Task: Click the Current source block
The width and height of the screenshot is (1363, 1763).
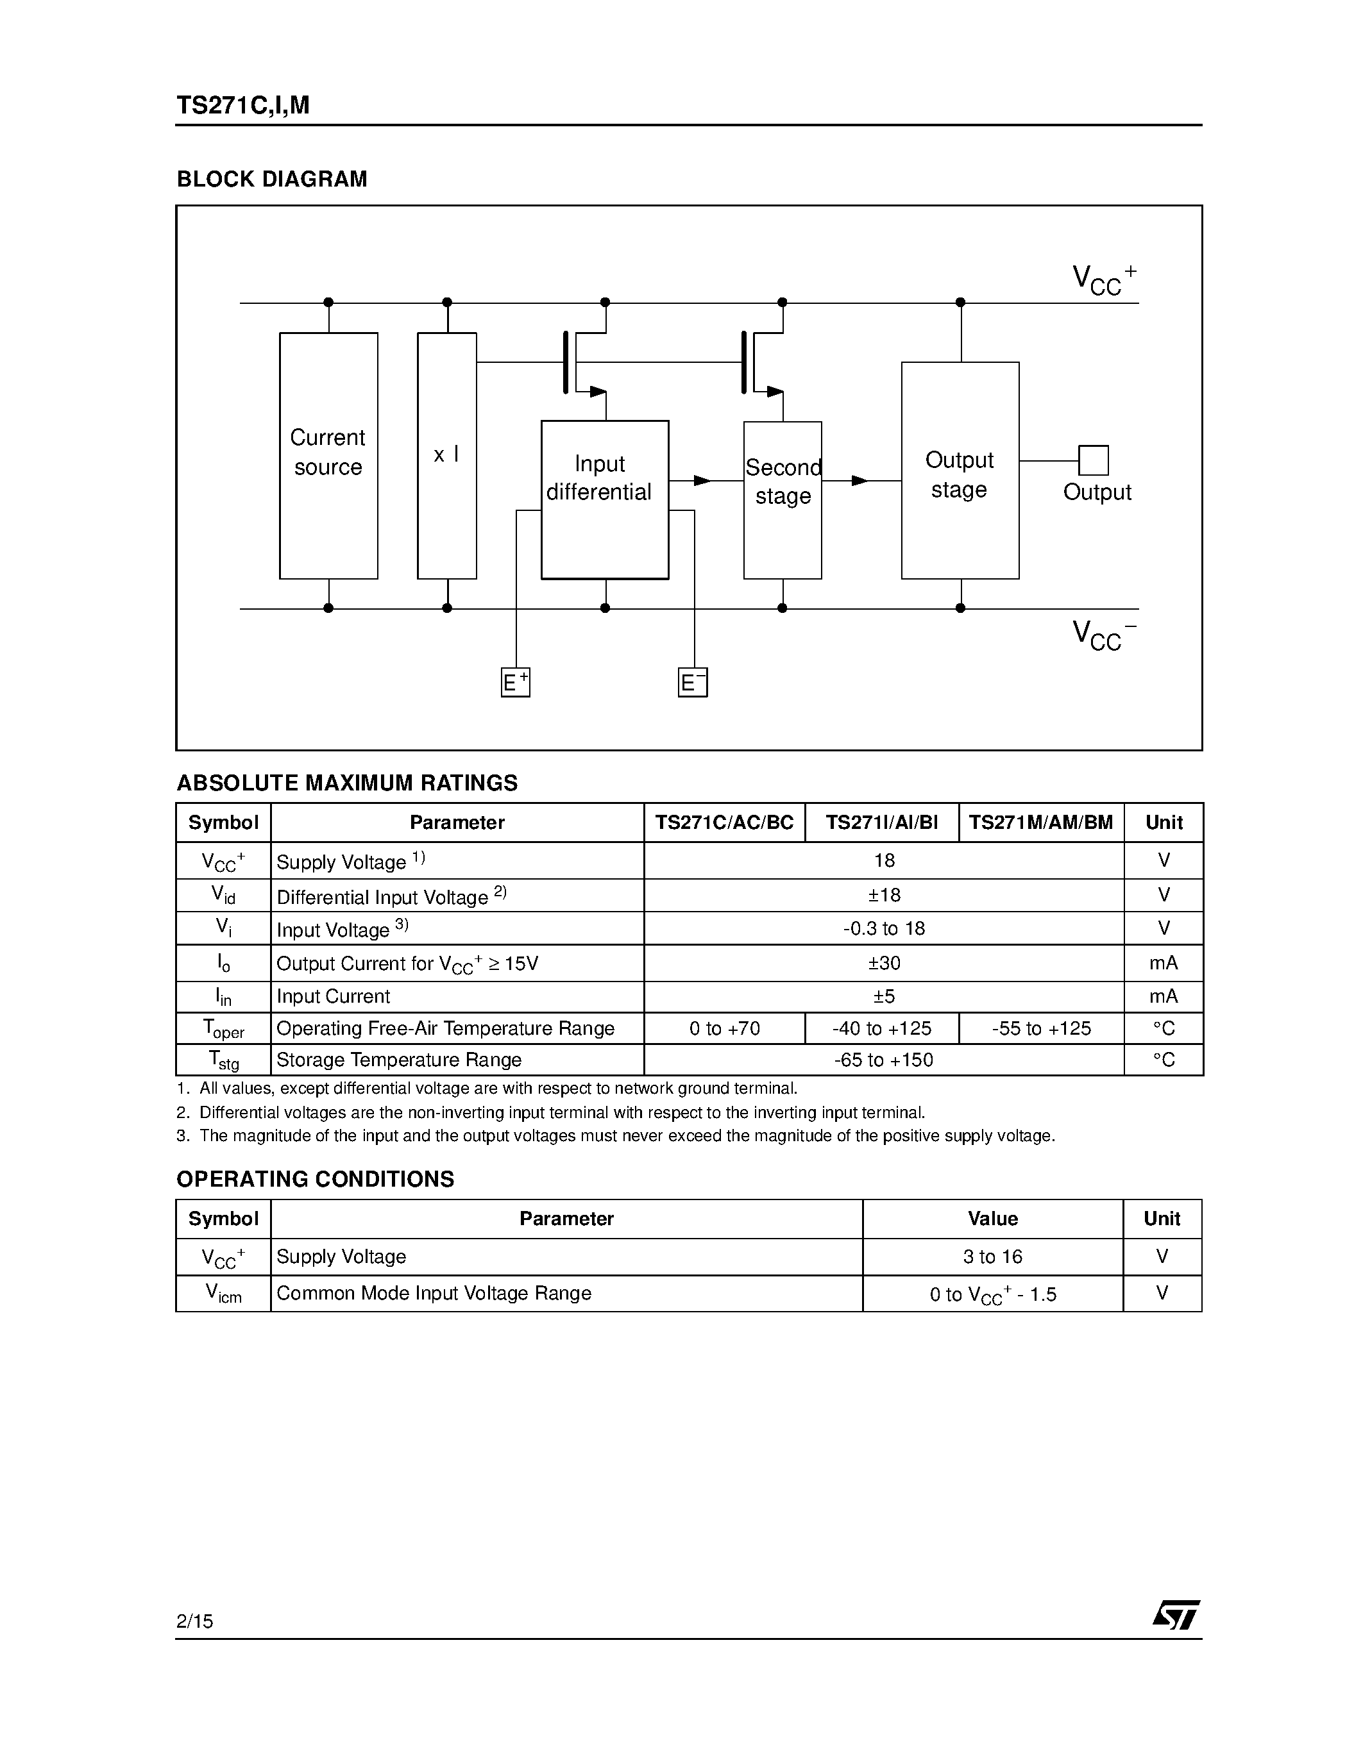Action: [x=328, y=455]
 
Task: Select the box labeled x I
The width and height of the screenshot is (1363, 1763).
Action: [x=446, y=455]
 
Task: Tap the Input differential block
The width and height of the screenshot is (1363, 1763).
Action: [x=604, y=499]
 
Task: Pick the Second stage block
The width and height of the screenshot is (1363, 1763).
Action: [x=783, y=499]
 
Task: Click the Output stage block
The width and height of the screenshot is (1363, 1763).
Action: [x=960, y=471]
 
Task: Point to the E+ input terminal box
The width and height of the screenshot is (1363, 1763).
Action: [x=515, y=683]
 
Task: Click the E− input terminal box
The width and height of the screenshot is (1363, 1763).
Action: [x=693, y=683]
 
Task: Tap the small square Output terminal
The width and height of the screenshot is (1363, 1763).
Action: [x=1094, y=460]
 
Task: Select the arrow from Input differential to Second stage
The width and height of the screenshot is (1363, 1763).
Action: [x=701, y=481]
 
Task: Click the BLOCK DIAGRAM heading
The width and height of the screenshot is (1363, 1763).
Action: [x=272, y=180]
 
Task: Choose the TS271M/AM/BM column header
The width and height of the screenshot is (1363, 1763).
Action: [x=1041, y=823]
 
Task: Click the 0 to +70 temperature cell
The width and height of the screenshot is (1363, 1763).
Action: [x=724, y=1028]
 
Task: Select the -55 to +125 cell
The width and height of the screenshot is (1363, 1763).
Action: [x=1041, y=1028]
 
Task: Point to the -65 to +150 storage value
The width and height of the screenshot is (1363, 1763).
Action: [x=883, y=1060]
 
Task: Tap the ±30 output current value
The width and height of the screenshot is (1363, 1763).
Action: [x=883, y=963]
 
